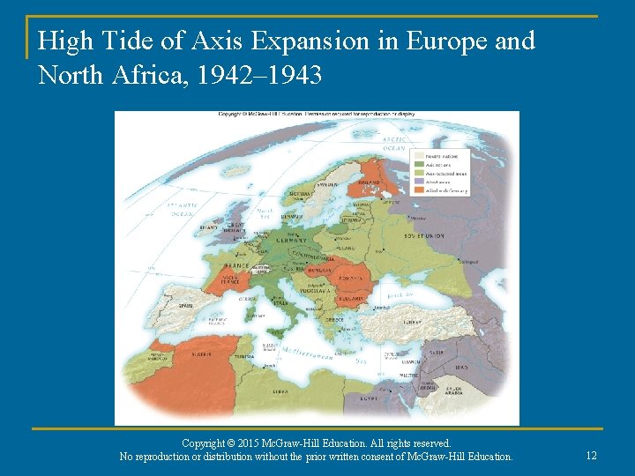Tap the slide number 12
[x=591, y=455]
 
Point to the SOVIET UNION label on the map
[x=424, y=236]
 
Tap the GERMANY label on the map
[x=291, y=240]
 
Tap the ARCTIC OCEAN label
[x=394, y=144]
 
